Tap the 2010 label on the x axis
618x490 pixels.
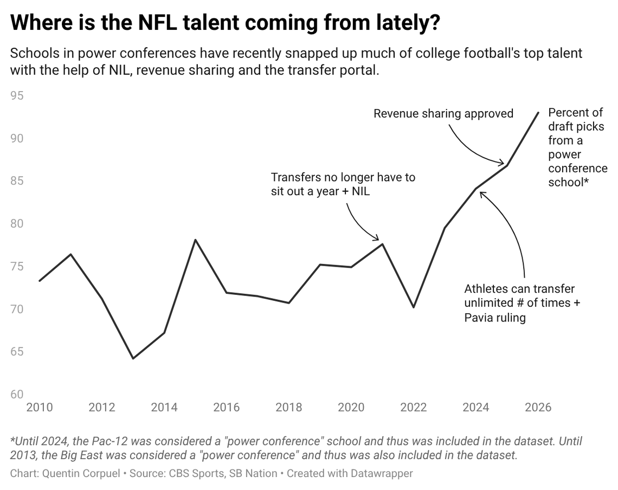[x=40, y=407]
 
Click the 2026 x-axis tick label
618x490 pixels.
[x=538, y=407]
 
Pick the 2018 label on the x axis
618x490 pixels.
[x=288, y=407]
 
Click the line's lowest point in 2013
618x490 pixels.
[x=133, y=358]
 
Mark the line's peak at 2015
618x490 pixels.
[x=195, y=240]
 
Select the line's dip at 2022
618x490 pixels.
[x=414, y=307]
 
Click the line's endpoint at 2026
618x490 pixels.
[x=538, y=112]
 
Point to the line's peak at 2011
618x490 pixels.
[x=71, y=254]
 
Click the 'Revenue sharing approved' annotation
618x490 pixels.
[x=443, y=113]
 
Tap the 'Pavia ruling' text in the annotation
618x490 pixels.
[x=495, y=318]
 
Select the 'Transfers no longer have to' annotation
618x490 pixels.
[x=343, y=177]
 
